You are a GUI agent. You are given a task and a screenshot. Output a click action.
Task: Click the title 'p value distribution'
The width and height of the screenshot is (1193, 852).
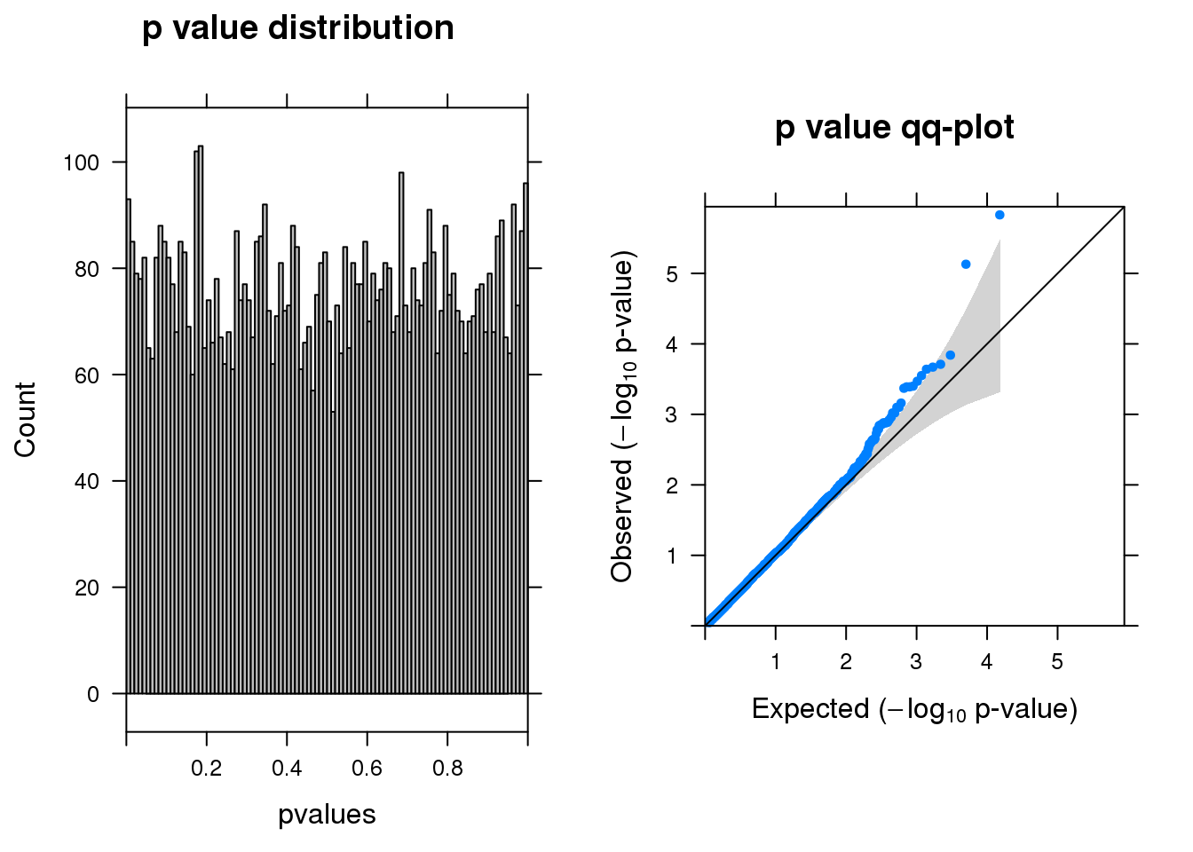[x=298, y=28]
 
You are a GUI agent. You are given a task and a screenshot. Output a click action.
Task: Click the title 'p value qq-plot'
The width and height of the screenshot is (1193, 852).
[x=894, y=128]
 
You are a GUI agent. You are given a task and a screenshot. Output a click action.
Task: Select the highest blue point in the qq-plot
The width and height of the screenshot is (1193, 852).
[x=999, y=215]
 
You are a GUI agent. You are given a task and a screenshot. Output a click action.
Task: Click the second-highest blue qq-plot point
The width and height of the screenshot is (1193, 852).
[x=966, y=264]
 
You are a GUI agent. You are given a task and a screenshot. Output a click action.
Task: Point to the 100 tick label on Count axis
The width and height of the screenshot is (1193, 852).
[x=81, y=162]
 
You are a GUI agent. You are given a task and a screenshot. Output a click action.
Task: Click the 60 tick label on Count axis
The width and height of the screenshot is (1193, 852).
[x=87, y=375]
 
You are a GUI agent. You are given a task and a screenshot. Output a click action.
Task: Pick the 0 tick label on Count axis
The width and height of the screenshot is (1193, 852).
[x=93, y=694]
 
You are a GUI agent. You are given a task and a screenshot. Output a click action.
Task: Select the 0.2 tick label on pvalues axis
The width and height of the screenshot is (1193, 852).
[x=207, y=769]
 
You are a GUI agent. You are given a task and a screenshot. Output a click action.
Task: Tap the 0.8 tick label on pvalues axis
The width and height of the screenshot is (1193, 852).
[x=447, y=769]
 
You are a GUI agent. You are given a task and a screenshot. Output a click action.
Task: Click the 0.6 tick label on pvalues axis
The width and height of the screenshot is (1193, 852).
[x=367, y=769]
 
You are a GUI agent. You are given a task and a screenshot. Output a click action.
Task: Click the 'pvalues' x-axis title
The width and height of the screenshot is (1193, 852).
[x=327, y=815]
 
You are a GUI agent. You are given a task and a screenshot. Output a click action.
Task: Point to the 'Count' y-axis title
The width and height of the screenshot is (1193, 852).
[x=25, y=420]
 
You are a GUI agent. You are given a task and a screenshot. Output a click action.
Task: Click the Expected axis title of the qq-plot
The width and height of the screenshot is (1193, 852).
[x=914, y=709]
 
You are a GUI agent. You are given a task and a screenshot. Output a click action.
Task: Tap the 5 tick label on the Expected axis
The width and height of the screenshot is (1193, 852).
[x=1057, y=662]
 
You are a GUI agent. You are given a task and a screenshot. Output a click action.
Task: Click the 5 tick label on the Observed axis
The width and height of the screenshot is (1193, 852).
[x=672, y=273]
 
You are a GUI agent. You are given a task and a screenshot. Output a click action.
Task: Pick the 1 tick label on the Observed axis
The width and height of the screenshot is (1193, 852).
[x=672, y=556]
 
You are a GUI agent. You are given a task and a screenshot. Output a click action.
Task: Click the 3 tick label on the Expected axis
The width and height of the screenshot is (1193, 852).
[x=916, y=662]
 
